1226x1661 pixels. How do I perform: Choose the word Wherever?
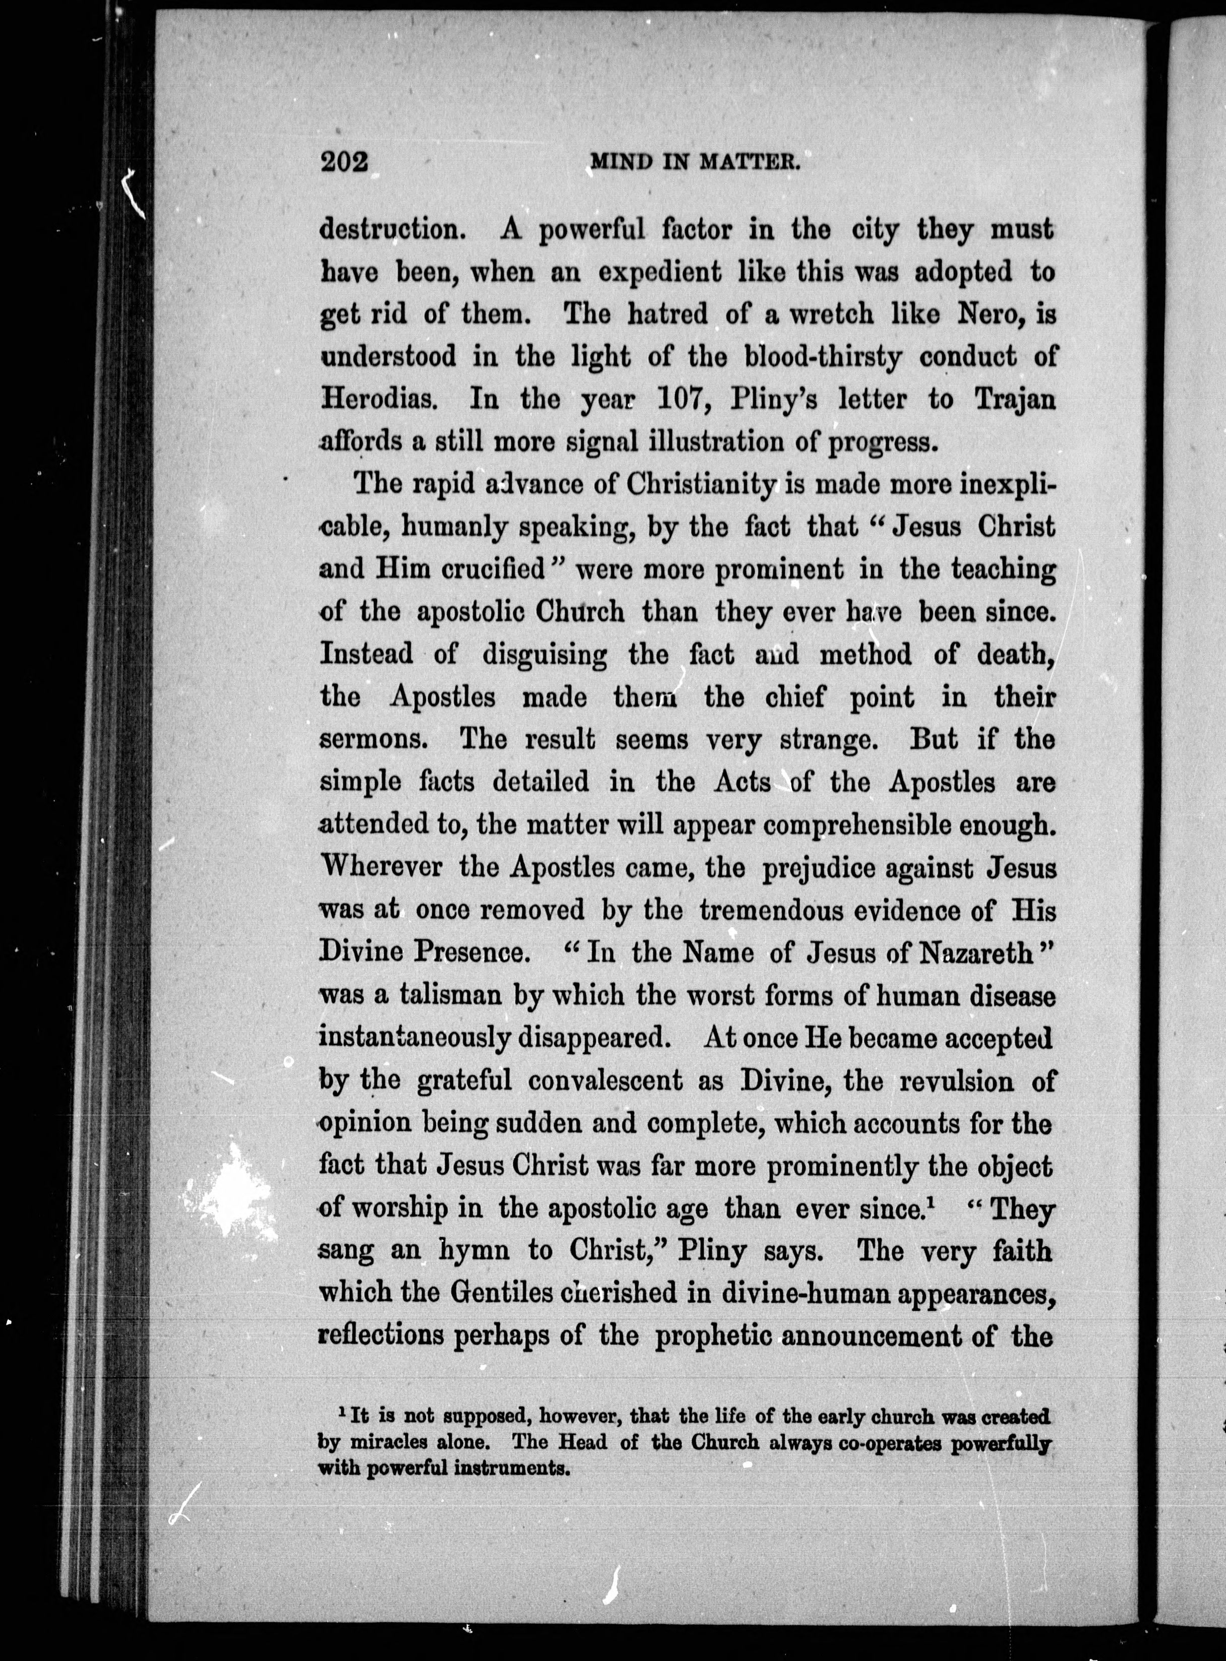380,867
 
